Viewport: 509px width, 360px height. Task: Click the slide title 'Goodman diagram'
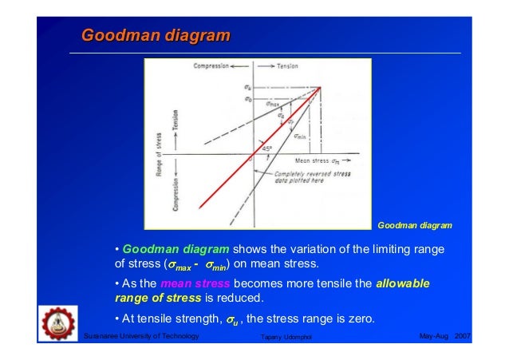pos(156,36)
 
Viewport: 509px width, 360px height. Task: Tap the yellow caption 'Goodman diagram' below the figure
pos(414,225)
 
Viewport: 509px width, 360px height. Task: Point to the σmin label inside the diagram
pos(300,136)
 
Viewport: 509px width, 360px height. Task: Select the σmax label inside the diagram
pos(272,103)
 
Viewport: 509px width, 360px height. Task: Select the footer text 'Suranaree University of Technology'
pos(140,337)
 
